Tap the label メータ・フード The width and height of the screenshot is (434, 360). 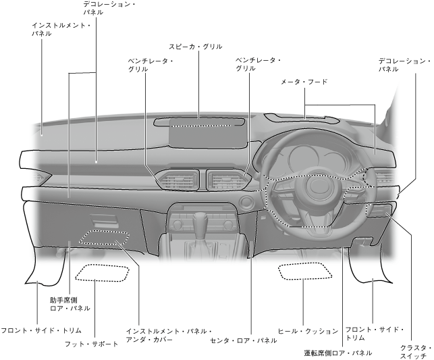pos(304,82)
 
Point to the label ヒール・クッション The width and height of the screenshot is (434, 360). pos(307,331)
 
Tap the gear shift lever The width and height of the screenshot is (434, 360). pos(201,222)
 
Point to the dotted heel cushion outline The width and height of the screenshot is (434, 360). pos(305,272)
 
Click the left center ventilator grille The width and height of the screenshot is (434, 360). pos(178,180)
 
